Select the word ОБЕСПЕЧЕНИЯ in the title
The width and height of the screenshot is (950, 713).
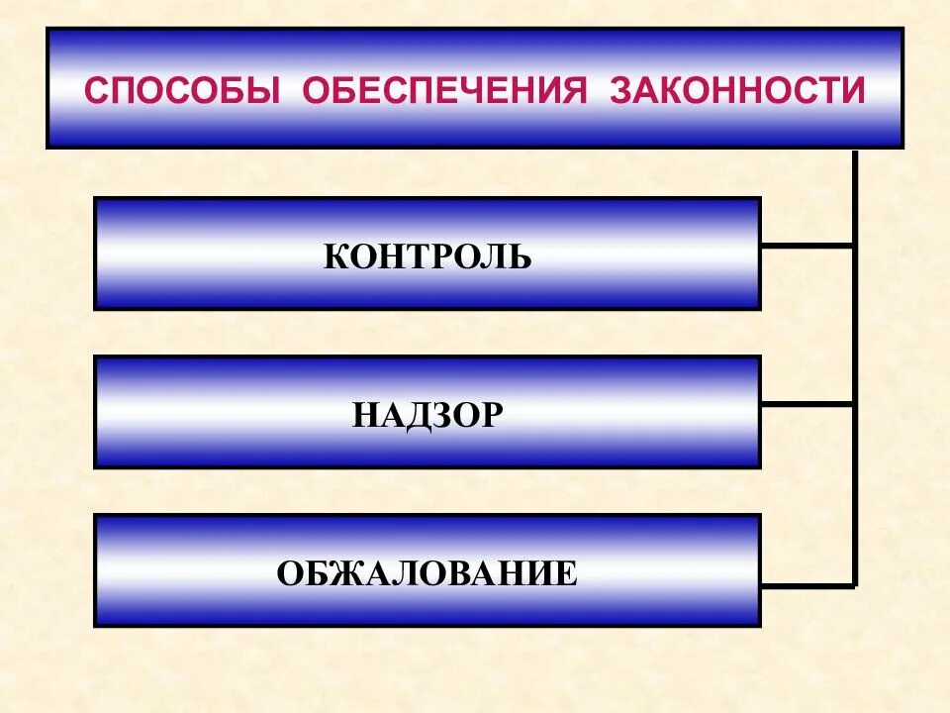click(444, 91)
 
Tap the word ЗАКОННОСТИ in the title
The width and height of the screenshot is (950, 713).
click(737, 91)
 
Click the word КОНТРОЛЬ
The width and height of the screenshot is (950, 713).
click(427, 257)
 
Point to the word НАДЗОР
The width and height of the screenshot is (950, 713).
click(427, 415)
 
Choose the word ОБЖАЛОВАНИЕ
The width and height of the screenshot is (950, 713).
click(427, 573)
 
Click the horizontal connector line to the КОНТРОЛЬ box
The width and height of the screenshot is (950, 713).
click(807, 245)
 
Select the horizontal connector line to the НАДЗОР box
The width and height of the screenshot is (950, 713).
click(807, 404)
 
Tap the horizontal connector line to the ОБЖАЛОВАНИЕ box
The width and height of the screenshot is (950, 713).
click(807, 585)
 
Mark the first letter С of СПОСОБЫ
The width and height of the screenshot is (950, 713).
click(96, 91)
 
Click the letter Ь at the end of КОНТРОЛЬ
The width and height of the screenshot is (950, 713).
click(521, 257)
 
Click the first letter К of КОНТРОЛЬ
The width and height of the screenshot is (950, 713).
click(335, 257)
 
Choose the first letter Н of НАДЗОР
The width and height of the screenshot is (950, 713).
click(364, 415)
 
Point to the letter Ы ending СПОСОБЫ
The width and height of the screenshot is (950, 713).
click(263, 91)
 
